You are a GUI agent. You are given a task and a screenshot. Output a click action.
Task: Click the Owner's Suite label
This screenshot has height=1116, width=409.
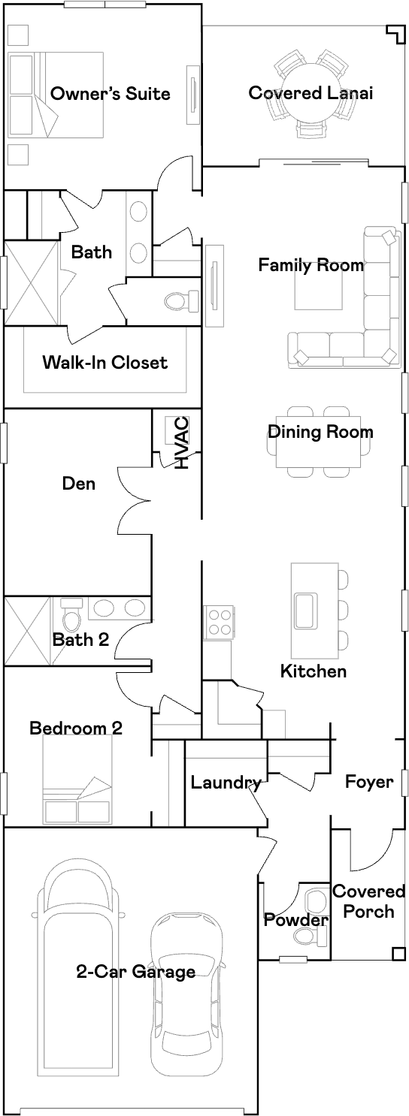click(x=111, y=94)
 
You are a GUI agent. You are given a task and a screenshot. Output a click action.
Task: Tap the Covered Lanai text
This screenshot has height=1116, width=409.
click(x=311, y=92)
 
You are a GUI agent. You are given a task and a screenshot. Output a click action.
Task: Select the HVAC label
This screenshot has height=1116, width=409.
click(x=181, y=443)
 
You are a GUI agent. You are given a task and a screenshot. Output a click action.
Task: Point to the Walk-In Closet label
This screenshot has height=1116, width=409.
click(x=105, y=362)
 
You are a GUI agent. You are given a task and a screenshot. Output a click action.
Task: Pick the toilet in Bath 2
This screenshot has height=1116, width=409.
click(x=71, y=617)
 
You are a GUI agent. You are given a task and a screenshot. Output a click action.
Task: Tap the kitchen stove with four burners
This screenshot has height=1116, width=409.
click(x=219, y=622)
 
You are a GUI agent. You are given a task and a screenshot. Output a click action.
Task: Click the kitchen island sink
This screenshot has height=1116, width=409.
click(x=305, y=611)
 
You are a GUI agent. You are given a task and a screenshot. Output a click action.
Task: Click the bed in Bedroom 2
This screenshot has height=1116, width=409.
click(x=77, y=779)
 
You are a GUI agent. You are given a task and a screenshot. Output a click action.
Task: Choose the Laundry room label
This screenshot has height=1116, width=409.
click(x=226, y=783)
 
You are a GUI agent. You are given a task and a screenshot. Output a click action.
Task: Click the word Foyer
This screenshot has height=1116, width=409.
click(x=369, y=782)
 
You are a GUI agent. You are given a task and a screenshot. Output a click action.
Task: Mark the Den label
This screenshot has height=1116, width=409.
click(x=79, y=483)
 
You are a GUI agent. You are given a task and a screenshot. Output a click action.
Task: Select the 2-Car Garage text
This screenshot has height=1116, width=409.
click(x=135, y=972)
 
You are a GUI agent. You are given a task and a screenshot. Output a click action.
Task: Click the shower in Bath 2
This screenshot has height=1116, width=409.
click(x=29, y=631)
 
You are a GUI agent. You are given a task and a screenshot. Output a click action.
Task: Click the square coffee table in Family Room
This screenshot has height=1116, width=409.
click(x=318, y=285)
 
